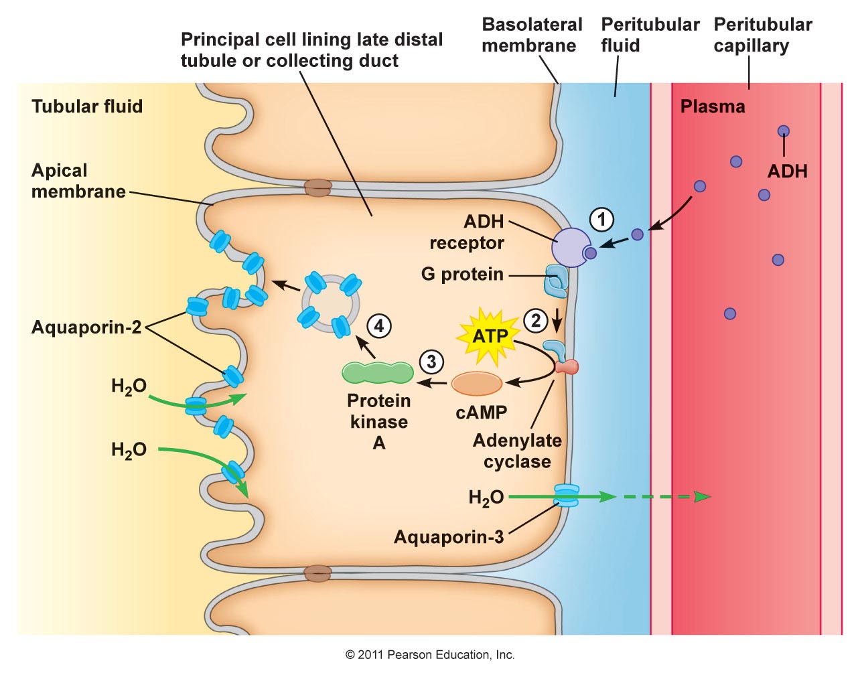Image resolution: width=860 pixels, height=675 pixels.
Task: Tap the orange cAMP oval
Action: (477, 384)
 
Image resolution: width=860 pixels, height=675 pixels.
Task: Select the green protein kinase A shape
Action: (378, 372)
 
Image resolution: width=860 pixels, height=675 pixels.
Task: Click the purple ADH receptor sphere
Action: (571, 247)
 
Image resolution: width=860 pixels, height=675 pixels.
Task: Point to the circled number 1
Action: (601, 220)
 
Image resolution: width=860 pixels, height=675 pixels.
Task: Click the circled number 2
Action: (536, 321)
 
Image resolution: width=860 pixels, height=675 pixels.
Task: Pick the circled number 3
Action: (431, 362)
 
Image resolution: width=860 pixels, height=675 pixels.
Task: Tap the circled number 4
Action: (379, 326)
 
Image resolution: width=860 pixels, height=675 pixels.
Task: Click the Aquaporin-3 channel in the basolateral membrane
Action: (566, 496)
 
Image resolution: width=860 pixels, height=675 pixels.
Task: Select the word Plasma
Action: (713, 106)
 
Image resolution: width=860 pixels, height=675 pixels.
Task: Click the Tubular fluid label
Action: (87, 106)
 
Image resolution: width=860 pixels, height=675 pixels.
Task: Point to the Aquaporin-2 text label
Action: (86, 327)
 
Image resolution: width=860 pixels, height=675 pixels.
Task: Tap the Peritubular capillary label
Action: (762, 35)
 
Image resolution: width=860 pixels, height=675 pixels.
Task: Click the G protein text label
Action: (462, 275)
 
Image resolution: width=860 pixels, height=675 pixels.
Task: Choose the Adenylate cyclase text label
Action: (517, 451)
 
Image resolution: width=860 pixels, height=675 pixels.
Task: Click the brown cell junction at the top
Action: (317, 188)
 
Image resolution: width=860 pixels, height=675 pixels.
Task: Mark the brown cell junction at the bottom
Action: (317, 573)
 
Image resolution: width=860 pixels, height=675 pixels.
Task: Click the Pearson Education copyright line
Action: (429, 654)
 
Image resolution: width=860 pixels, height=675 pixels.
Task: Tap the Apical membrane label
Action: (78, 181)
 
